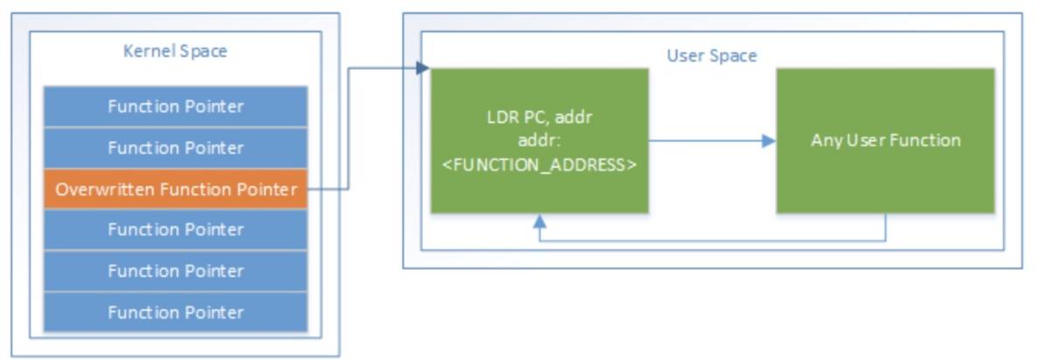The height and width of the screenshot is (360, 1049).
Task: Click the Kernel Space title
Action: coord(175,52)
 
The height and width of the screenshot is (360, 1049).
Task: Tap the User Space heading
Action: coord(712,56)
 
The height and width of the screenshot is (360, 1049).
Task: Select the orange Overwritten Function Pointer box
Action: coord(175,189)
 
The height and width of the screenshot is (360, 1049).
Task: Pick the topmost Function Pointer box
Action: coord(175,107)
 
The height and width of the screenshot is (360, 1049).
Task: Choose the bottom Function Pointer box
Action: coord(175,312)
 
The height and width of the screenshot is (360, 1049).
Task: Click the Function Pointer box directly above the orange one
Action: coord(175,148)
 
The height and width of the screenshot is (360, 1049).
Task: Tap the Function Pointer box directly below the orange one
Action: coord(175,230)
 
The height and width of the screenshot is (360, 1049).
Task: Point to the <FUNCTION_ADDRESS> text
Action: coord(539,164)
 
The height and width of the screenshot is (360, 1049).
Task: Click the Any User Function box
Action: coord(885,141)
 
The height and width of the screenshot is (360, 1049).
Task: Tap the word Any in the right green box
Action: coord(823,141)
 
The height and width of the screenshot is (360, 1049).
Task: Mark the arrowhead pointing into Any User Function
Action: coord(769,141)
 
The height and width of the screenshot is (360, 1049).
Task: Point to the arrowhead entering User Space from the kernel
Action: coord(423,68)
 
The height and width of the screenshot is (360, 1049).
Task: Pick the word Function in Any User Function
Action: coord(929,141)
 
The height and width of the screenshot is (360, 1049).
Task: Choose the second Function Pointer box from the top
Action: coord(175,148)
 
